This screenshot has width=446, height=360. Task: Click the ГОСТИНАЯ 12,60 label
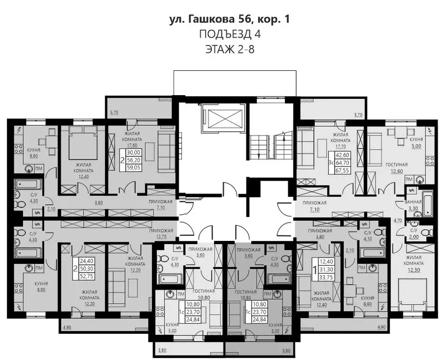point(396,167)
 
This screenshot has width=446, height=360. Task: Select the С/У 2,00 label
point(413,233)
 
